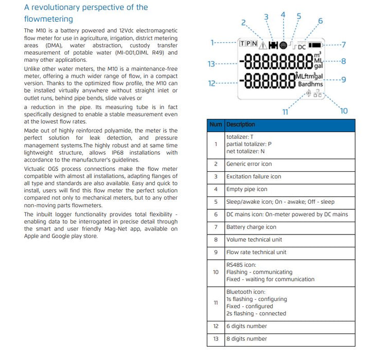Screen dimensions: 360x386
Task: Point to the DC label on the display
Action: coord(302,46)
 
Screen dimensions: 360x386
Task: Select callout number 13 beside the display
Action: coord(212,64)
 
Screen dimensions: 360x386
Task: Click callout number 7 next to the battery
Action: coord(343,44)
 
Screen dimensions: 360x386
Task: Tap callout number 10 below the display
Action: coord(344,111)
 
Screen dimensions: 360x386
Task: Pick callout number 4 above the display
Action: coord(283,14)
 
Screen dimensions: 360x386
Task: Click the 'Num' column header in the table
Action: coord(216,124)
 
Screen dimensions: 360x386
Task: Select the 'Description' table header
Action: coord(240,124)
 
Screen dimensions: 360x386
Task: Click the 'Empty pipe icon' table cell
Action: coord(247,189)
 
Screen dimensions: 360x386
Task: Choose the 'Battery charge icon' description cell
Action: coord(251,227)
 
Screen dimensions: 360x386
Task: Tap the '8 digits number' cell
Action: coord(247,338)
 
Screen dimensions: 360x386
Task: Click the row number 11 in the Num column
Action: coord(216,302)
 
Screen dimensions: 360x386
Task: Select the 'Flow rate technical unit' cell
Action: coord(256,252)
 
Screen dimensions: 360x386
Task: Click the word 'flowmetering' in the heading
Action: coord(48,19)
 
